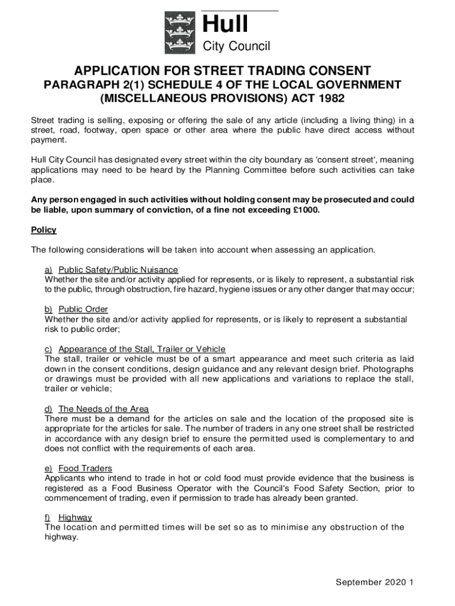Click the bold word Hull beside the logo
pos(225,25)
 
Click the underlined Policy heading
pos(44,230)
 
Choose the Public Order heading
pos(83,310)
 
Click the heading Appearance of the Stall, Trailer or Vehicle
pos(142,349)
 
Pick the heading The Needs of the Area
pos(103,409)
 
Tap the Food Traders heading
pos(85,469)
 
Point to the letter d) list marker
pos(49,409)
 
